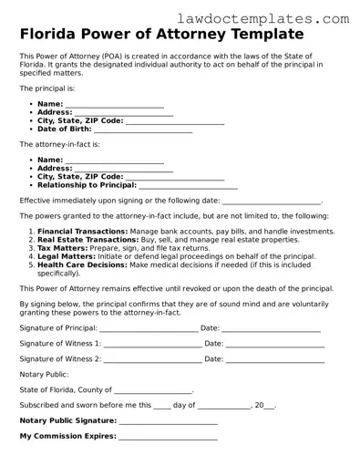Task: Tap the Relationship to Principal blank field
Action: click(x=186, y=186)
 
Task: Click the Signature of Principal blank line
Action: click(x=148, y=328)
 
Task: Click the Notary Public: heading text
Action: click(x=44, y=374)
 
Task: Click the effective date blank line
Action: click(x=272, y=202)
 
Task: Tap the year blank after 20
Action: click(x=269, y=406)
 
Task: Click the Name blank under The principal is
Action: click(x=115, y=106)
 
